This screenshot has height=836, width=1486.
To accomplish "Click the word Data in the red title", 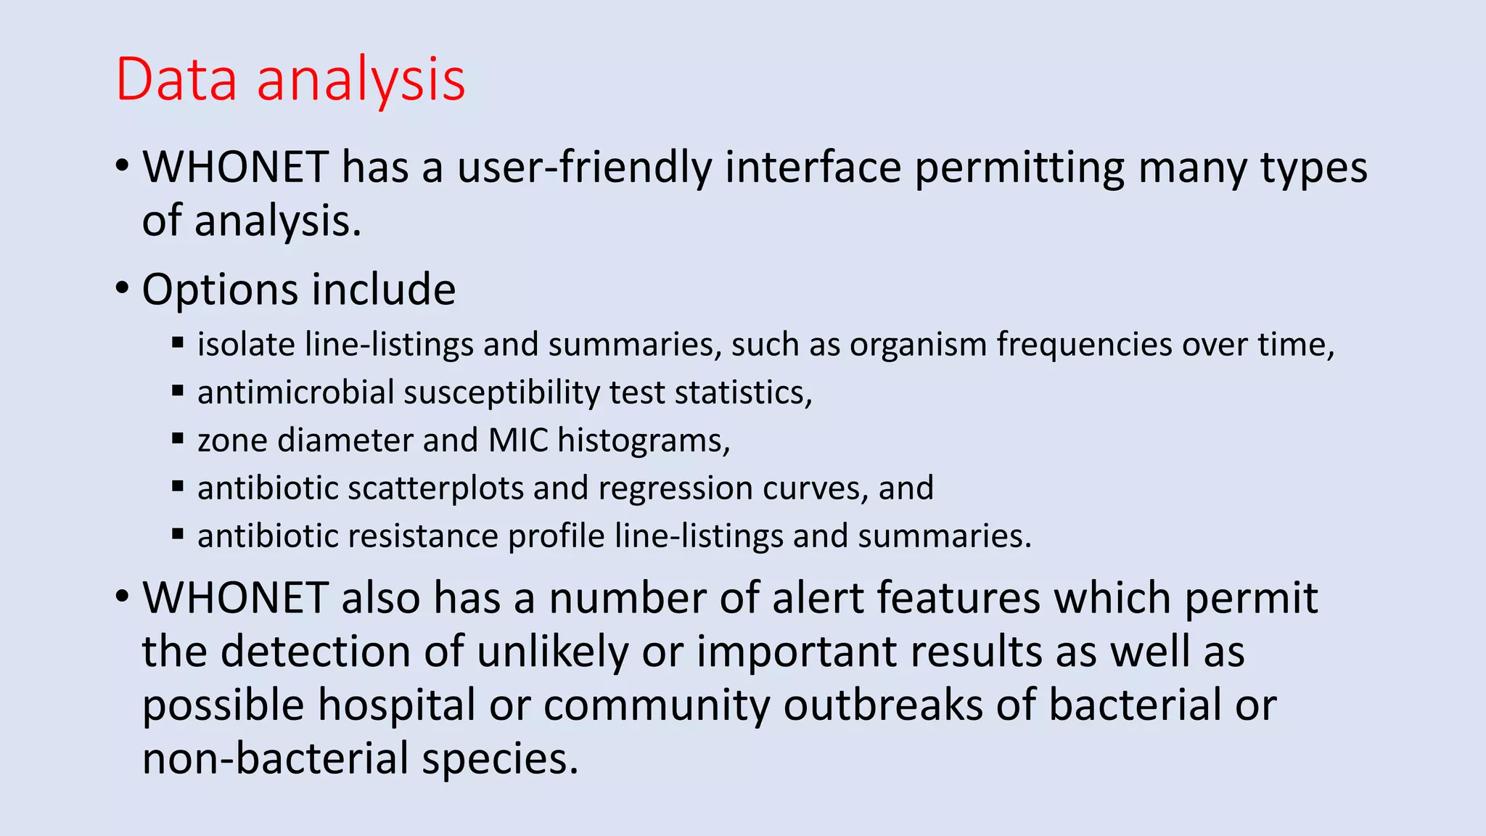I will point(176,79).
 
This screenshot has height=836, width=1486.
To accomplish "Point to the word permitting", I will point(1019,168).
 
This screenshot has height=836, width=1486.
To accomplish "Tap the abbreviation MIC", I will point(518,440).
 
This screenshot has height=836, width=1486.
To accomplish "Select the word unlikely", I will point(552,652).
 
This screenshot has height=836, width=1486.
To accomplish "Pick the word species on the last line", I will point(500,759).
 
